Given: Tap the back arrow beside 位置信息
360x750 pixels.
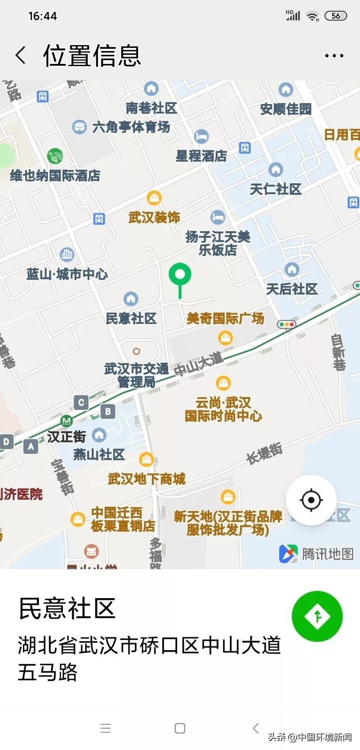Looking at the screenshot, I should [x=21, y=55].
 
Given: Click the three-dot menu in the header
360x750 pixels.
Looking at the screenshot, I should [x=334, y=56].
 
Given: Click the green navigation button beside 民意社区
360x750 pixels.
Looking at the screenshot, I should [x=317, y=616].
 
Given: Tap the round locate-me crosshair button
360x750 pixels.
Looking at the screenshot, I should [x=311, y=500].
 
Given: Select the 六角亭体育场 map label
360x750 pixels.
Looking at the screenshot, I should [x=131, y=127].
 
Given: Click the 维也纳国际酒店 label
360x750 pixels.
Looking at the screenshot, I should [x=55, y=176].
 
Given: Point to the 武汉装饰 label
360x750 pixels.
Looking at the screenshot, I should [x=154, y=217].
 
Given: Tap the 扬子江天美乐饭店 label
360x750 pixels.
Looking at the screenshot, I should [x=217, y=243].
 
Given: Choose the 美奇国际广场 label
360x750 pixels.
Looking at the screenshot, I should [x=225, y=319].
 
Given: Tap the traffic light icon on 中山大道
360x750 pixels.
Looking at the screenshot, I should [x=286, y=324].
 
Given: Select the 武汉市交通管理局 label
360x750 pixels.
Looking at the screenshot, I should [x=136, y=375].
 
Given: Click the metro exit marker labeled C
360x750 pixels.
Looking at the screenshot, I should [x=81, y=402].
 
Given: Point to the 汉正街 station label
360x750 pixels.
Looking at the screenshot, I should [x=66, y=437].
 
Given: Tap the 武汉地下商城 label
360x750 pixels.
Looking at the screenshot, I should [x=147, y=479].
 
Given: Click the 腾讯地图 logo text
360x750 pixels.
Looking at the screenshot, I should [x=327, y=554].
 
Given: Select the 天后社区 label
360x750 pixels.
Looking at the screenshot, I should [x=292, y=289].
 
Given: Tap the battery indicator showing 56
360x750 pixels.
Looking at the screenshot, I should [x=336, y=16].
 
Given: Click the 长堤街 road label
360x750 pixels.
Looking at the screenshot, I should [x=265, y=453].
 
